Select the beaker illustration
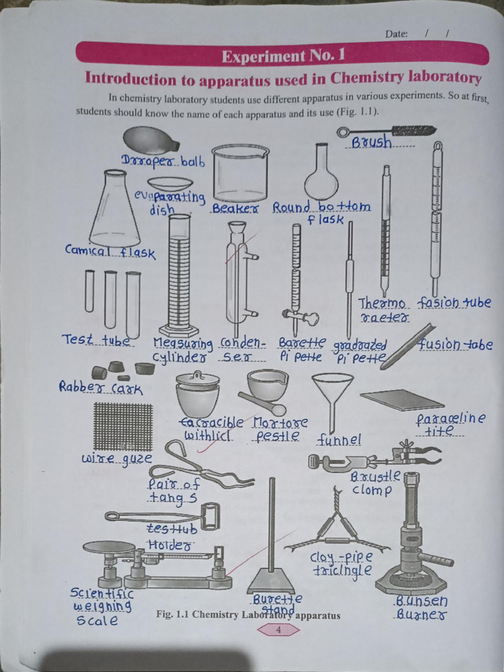[240, 173]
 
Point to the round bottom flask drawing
[321, 178]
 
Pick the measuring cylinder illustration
[178, 276]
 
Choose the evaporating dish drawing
[170, 184]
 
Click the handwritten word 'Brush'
[371, 142]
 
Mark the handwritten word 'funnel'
[339, 439]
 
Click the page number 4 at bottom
[278, 630]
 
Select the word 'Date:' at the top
[396, 33]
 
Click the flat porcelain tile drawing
[402, 399]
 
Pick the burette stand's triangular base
[271, 581]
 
